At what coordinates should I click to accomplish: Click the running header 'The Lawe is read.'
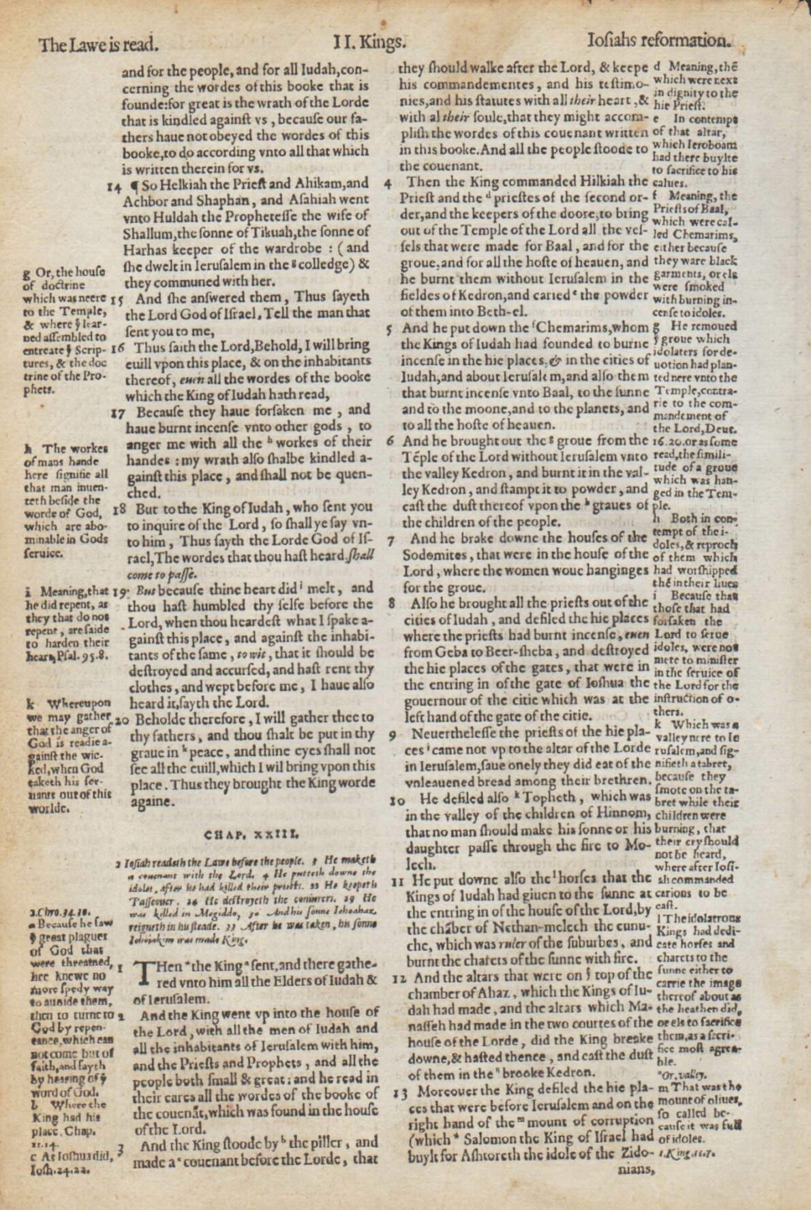tap(99, 46)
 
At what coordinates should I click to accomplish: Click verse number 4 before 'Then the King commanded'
tap(388, 183)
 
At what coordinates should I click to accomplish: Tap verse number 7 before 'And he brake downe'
tap(391, 541)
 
